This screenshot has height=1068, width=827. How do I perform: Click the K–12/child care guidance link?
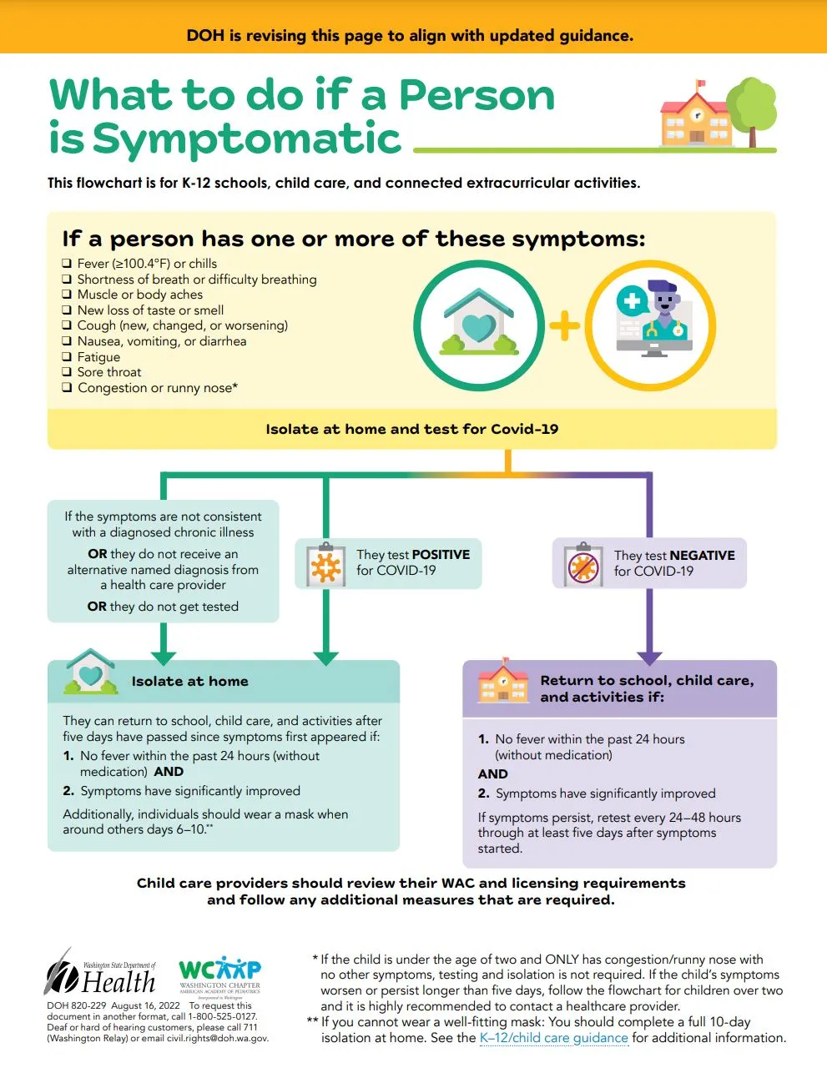(x=553, y=1038)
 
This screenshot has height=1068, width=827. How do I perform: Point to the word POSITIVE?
(x=441, y=555)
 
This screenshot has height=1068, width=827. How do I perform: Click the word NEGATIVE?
(x=703, y=556)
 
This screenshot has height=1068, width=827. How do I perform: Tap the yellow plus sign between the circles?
(x=565, y=325)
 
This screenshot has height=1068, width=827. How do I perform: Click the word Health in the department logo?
(x=119, y=982)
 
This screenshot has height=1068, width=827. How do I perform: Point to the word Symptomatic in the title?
(x=247, y=139)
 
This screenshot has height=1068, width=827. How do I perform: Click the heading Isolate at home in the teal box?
(x=189, y=682)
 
